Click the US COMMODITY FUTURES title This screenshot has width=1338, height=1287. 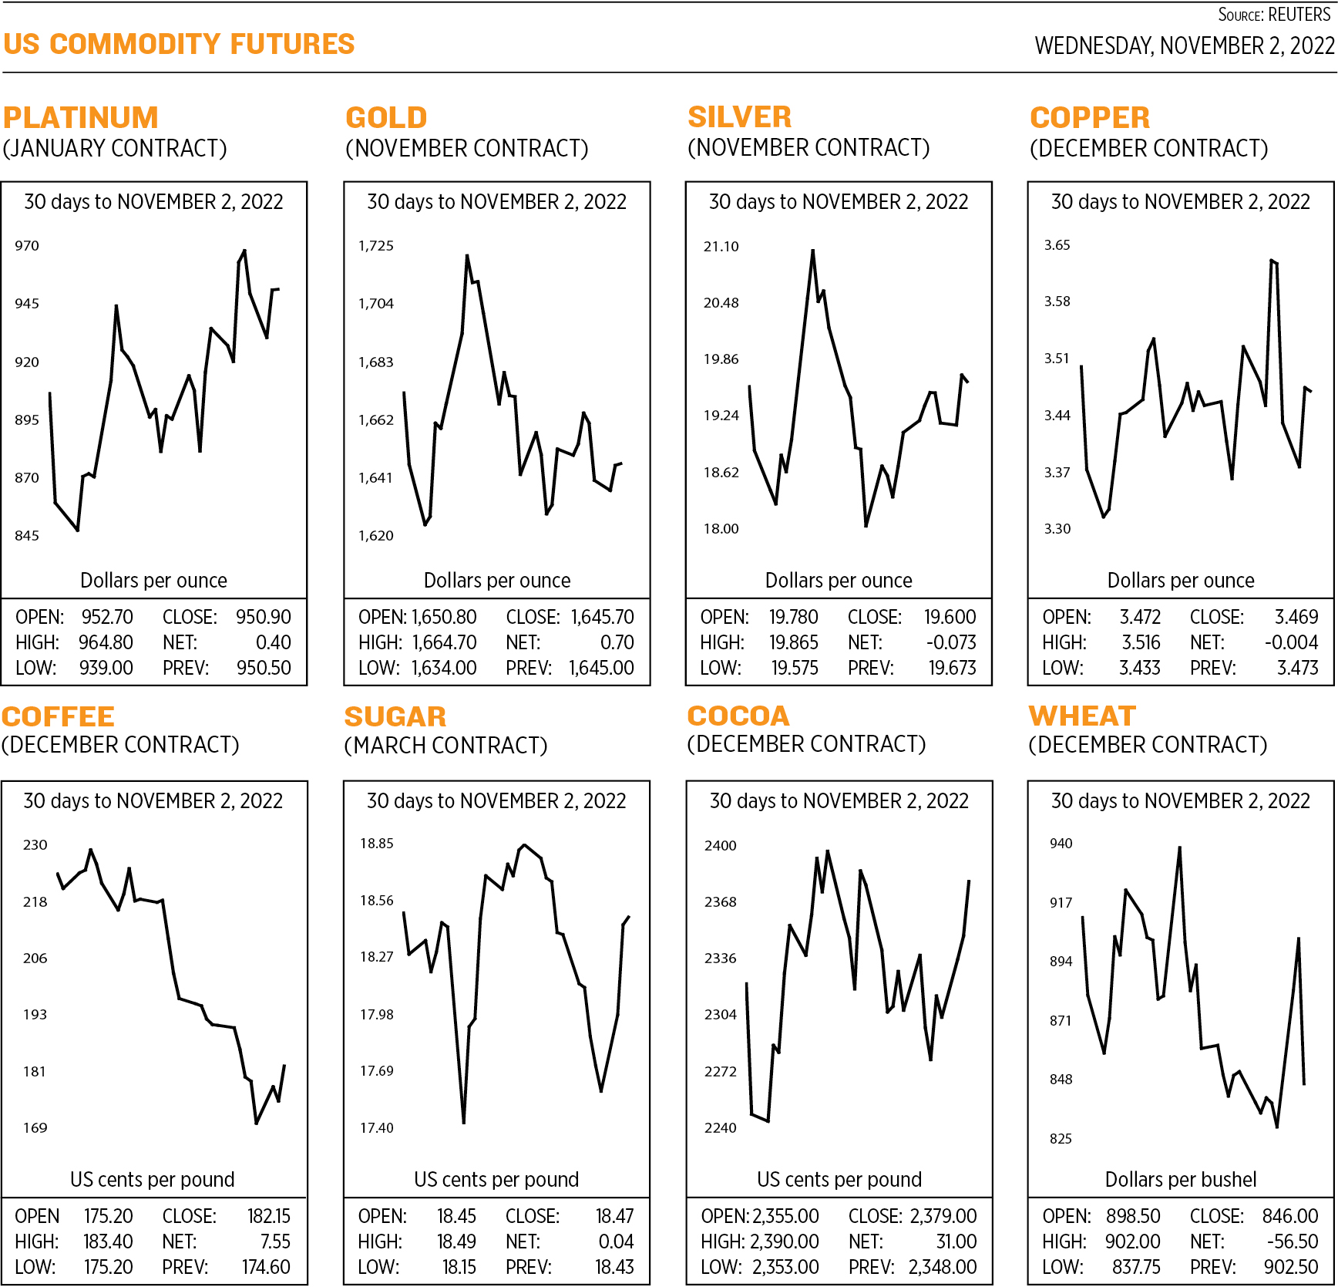click(x=179, y=45)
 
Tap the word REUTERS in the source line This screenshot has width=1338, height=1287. click(x=1299, y=15)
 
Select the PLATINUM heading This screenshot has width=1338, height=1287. click(x=81, y=118)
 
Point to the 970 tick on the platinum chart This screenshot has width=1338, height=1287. click(x=27, y=246)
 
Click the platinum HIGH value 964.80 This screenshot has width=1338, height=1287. click(x=106, y=642)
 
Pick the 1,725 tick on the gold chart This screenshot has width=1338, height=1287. click(x=376, y=246)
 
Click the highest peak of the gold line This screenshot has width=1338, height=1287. click(x=467, y=256)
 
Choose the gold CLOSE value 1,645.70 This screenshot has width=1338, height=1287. click(x=602, y=617)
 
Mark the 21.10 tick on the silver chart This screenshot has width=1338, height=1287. click(x=721, y=247)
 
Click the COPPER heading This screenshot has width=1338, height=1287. click(x=1090, y=118)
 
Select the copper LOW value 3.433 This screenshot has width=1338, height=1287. click(x=1139, y=668)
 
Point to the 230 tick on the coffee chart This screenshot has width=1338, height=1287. click(x=35, y=845)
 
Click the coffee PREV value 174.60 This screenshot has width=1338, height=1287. click(x=266, y=1267)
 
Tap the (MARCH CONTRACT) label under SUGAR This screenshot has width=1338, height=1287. click(x=445, y=746)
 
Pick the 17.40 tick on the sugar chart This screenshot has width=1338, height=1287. click(x=377, y=1128)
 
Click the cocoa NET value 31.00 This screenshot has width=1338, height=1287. click(x=956, y=1242)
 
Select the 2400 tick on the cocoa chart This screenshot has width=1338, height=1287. click(x=721, y=846)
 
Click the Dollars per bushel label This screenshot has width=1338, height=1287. click(x=1181, y=1180)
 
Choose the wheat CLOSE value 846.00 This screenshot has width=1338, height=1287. click(x=1289, y=1216)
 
